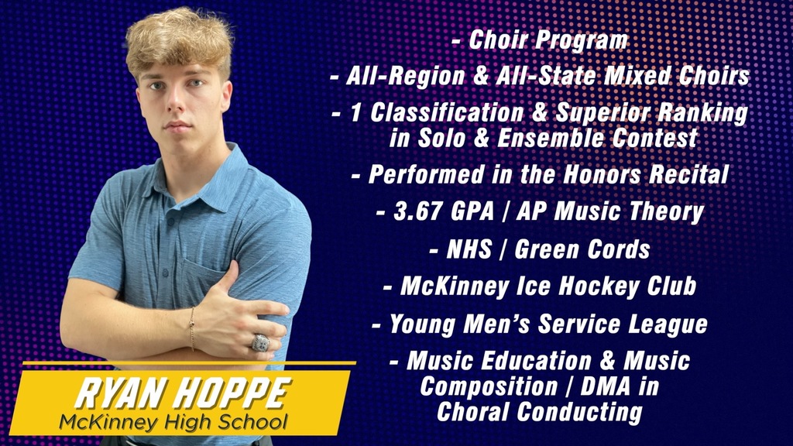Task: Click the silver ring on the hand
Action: tap(260, 342)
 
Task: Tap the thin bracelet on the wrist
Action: tap(191, 318)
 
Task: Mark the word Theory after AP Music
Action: tap(663, 211)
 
